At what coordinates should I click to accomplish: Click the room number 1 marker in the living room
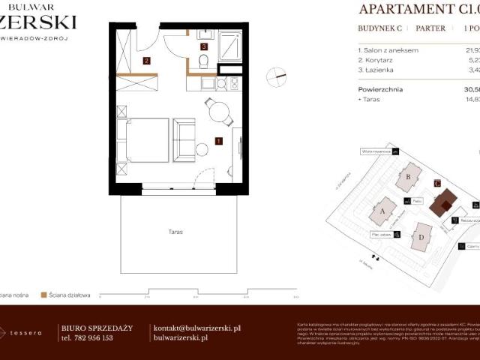(x=218, y=140)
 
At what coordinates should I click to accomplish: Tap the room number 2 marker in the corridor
(x=147, y=61)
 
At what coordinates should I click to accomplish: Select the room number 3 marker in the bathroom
(x=203, y=46)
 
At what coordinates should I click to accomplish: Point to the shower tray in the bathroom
(x=228, y=46)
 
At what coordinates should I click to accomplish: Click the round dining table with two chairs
(x=218, y=112)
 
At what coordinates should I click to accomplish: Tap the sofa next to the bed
(x=184, y=139)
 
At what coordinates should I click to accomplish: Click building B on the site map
(x=409, y=177)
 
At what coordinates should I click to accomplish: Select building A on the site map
(x=384, y=211)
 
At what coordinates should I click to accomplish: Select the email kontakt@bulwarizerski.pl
(x=196, y=328)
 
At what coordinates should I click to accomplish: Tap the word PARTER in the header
(x=430, y=28)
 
